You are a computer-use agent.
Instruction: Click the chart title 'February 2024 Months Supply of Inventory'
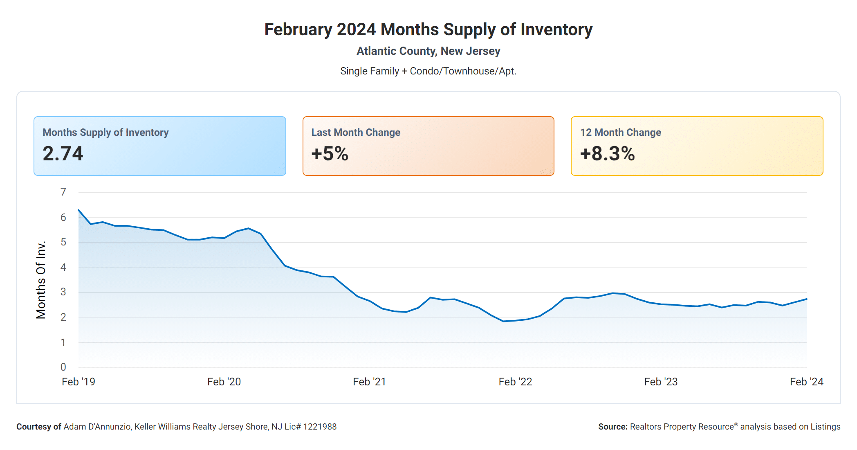tap(428, 29)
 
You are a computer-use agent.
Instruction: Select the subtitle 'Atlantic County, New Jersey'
tap(428, 51)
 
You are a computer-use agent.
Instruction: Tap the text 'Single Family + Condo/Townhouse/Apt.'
tap(428, 71)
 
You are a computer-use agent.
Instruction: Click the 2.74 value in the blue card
tap(63, 154)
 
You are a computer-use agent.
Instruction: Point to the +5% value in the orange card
tap(330, 154)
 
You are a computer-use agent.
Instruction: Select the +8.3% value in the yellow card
tap(607, 154)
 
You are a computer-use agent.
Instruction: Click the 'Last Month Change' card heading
tap(356, 133)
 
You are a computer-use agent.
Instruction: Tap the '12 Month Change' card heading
tap(620, 133)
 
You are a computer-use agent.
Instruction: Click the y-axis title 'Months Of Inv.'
tap(41, 280)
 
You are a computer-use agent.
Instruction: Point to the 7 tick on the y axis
tap(63, 192)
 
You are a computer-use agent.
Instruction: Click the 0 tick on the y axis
tap(63, 367)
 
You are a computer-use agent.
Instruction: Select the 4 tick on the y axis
tap(63, 267)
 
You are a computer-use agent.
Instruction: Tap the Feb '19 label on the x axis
tap(78, 382)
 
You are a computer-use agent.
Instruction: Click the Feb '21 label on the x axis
tap(369, 382)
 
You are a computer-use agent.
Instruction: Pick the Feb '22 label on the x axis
tap(515, 382)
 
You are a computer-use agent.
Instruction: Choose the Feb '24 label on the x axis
tap(806, 382)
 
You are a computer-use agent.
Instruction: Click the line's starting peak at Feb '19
tap(79, 210)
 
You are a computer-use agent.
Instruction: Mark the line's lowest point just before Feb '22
tap(503, 321)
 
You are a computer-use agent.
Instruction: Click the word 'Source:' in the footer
tap(612, 427)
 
